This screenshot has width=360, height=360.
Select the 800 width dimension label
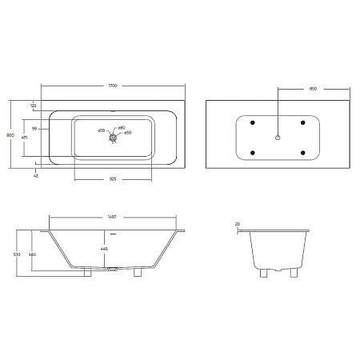pyautogui.click(x=10, y=135)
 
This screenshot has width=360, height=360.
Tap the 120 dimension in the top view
pyautogui.click(x=34, y=106)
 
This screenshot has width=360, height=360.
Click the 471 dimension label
pyautogui.click(x=26, y=138)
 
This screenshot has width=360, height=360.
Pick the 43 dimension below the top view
pyautogui.click(x=36, y=175)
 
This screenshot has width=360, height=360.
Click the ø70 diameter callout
pyautogui.click(x=102, y=130)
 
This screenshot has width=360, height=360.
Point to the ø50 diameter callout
pyautogui.click(x=127, y=133)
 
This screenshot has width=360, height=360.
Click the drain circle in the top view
pyautogui.click(x=114, y=137)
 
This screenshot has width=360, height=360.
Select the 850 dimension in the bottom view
pyautogui.click(x=313, y=89)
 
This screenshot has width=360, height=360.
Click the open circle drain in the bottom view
pyautogui.click(x=278, y=138)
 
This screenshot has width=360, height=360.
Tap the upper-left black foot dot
pyautogui.click(x=253, y=122)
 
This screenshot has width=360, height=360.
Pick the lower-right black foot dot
pyautogui.click(x=302, y=153)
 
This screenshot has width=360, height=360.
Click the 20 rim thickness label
pyautogui.click(x=238, y=224)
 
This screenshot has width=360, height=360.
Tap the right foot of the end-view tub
pyautogui.click(x=296, y=273)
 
